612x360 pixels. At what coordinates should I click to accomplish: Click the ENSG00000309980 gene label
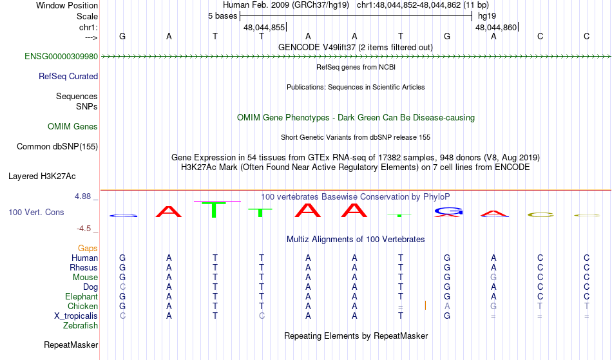point(61,57)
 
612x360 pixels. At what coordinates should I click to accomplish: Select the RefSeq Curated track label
point(68,77)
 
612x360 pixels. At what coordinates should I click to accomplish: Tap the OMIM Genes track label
point(73,127)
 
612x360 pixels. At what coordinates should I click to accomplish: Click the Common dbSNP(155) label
point(57,147)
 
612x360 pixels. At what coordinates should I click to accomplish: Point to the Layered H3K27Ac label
point(42,176)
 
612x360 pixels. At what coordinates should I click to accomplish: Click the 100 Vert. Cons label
point(36,212)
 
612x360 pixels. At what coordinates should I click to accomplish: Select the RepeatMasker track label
point(71,345)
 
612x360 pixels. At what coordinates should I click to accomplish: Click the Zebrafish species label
point(81,325)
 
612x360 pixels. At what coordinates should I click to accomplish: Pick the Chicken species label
point(82,306)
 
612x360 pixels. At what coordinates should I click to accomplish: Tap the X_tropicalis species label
point(76,316)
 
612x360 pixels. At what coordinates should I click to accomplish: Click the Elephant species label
point(82,296)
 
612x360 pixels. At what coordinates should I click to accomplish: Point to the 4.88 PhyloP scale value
point(82,196)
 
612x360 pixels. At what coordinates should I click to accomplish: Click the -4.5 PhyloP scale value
point(84,228)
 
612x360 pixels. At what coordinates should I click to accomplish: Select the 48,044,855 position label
point(264,27)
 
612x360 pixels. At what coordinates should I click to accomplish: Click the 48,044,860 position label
point(496,27)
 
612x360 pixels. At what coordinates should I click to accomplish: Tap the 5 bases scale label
point(222,16)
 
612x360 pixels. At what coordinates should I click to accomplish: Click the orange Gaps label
point(88,248)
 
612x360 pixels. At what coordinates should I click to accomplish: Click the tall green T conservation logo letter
point(214,210)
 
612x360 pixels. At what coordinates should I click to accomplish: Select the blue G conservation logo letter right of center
point(448,211)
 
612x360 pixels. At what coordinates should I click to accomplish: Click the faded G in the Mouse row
point(493,278)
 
